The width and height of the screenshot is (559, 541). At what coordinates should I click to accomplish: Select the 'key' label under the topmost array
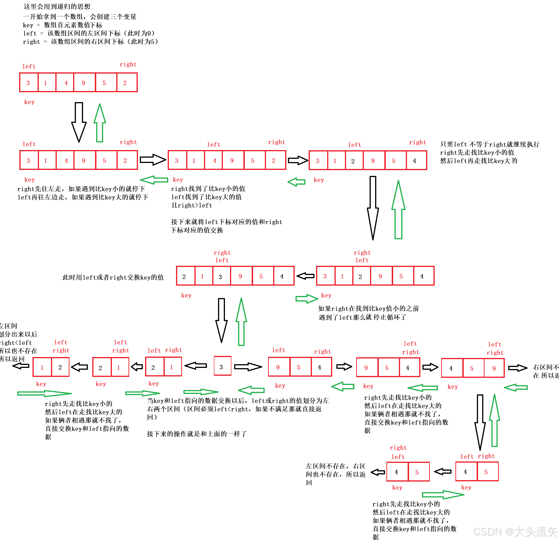(29, 102)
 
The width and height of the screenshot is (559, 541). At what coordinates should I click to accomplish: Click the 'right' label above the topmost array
(128, 64)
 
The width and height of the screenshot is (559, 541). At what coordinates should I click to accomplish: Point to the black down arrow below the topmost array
(79, 122)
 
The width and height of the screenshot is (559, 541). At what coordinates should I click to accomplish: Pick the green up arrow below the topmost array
(99, 122)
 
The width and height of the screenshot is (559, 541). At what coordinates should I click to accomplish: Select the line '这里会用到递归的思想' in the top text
(57, 6)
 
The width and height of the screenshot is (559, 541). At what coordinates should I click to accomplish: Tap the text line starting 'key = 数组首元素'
(63, 25)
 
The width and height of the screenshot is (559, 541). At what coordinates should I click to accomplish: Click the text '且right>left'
(191, 205)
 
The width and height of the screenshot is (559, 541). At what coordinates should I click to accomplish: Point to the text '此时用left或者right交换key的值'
(113, 278)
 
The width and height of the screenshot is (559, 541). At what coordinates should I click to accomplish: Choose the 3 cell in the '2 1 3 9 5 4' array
(221, 276)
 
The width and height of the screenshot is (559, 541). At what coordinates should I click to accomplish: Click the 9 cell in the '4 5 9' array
(494, 368)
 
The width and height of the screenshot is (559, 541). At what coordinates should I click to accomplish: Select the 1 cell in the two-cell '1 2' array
(42, 367)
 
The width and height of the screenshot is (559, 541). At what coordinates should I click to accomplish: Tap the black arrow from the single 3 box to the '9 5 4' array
(248, 367)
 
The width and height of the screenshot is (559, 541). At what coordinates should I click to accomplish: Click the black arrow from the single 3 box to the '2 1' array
(196, 366)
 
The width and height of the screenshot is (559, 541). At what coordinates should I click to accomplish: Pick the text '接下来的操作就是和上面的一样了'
(197, 434)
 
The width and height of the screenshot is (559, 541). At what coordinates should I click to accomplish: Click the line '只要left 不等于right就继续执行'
(490, 145)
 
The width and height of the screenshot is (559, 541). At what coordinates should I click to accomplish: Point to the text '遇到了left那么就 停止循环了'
(362, 317)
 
